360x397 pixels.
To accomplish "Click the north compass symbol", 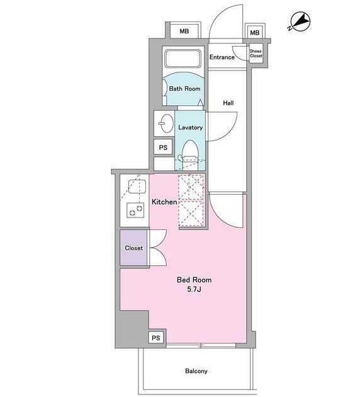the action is point(300,22).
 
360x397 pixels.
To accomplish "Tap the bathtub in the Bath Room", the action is point(183,59).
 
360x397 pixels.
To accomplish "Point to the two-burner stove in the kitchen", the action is point(135,210).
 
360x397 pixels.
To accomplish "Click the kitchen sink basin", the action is point(137,187).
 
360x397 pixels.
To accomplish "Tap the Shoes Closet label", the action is point(256,54).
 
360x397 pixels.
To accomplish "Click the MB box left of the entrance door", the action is point(184,31).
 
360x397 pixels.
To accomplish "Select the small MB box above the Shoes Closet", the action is point(255,32).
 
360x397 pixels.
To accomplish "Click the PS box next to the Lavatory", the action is point(163,147).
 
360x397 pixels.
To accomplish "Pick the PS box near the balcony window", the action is point(156,338).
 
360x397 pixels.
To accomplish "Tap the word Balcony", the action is point(196,371).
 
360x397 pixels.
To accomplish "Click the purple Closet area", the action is point(133,248).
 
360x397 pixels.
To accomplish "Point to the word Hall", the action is point(228,103).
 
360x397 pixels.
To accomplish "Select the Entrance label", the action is point(222,57).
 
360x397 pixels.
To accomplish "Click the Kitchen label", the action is point(164,202).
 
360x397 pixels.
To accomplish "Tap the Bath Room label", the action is point(184,89).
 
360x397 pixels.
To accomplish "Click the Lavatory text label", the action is point(190,127).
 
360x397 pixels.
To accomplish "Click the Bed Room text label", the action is point(194,280).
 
